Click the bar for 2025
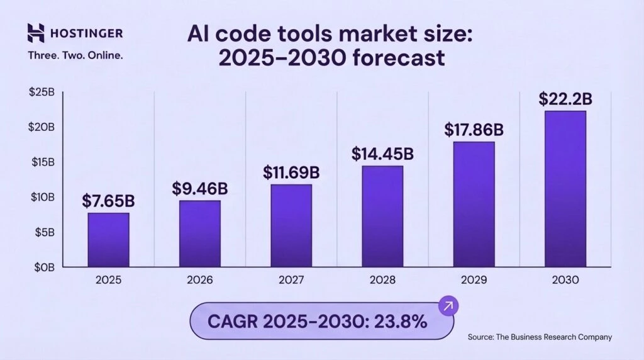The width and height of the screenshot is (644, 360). click(108, 240)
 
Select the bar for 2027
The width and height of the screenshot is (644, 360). click(291, 225)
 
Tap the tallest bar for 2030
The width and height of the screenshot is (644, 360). click(565, 189)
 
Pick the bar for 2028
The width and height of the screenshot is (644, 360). click(382, 216)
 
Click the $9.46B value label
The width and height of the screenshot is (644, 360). click(200, 188)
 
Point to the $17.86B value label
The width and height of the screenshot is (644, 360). click(474, 130)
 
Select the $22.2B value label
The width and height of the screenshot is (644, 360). click(565, 99)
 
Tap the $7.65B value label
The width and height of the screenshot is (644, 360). click(108, 201)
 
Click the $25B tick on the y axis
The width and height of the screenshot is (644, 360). click(42, 92)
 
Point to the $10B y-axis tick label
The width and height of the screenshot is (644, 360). click(42, 197)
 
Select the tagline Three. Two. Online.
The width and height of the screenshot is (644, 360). click(75, 55)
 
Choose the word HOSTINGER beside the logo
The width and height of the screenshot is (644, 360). click(87, 33)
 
